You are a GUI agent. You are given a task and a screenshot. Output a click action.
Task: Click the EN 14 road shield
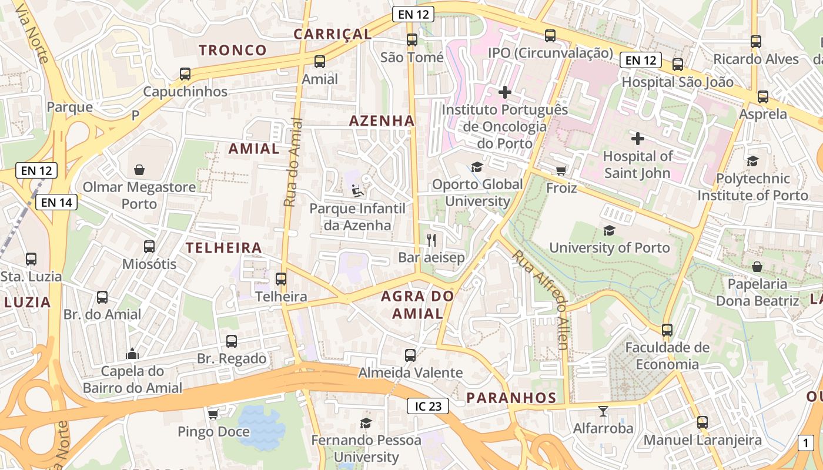(x=56, y=203)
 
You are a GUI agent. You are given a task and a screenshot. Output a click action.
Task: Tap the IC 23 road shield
(x=428, y=405)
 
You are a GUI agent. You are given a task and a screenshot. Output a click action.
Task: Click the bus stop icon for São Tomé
(x=412, y=40)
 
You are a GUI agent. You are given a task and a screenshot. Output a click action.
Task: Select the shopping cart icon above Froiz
(x=561, y=170)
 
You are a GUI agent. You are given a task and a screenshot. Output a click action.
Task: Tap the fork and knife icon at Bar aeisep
(x=431, y=240)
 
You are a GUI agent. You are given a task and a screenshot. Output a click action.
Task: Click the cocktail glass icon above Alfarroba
(x=603, y=411)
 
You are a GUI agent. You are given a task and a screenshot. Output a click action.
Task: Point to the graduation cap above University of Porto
(x=609, y=230)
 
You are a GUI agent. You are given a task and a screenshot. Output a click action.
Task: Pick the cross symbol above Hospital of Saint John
(x=638, y=139)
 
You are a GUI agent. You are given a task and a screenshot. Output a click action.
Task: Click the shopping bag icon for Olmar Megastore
(x=139, y=170)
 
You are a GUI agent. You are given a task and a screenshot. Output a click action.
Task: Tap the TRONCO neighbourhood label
(x=233, y=51)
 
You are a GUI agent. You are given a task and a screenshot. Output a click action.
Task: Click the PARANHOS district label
(x=511, y=398)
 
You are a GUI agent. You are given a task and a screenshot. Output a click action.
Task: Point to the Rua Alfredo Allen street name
(x=540, y=299)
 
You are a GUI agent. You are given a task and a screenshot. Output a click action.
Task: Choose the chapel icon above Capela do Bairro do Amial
(x=132, y=354)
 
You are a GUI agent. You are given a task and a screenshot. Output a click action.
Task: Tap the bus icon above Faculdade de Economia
(x=667, y=330)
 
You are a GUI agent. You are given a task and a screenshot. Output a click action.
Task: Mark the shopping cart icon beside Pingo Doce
(x=213, y=414)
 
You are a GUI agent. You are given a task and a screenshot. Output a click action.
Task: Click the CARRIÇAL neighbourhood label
(x=333, y=34)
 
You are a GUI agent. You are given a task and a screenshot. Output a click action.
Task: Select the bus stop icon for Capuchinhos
(x=185, y=74)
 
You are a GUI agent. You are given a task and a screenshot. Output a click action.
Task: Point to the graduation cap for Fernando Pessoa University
(x=366, y=423)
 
